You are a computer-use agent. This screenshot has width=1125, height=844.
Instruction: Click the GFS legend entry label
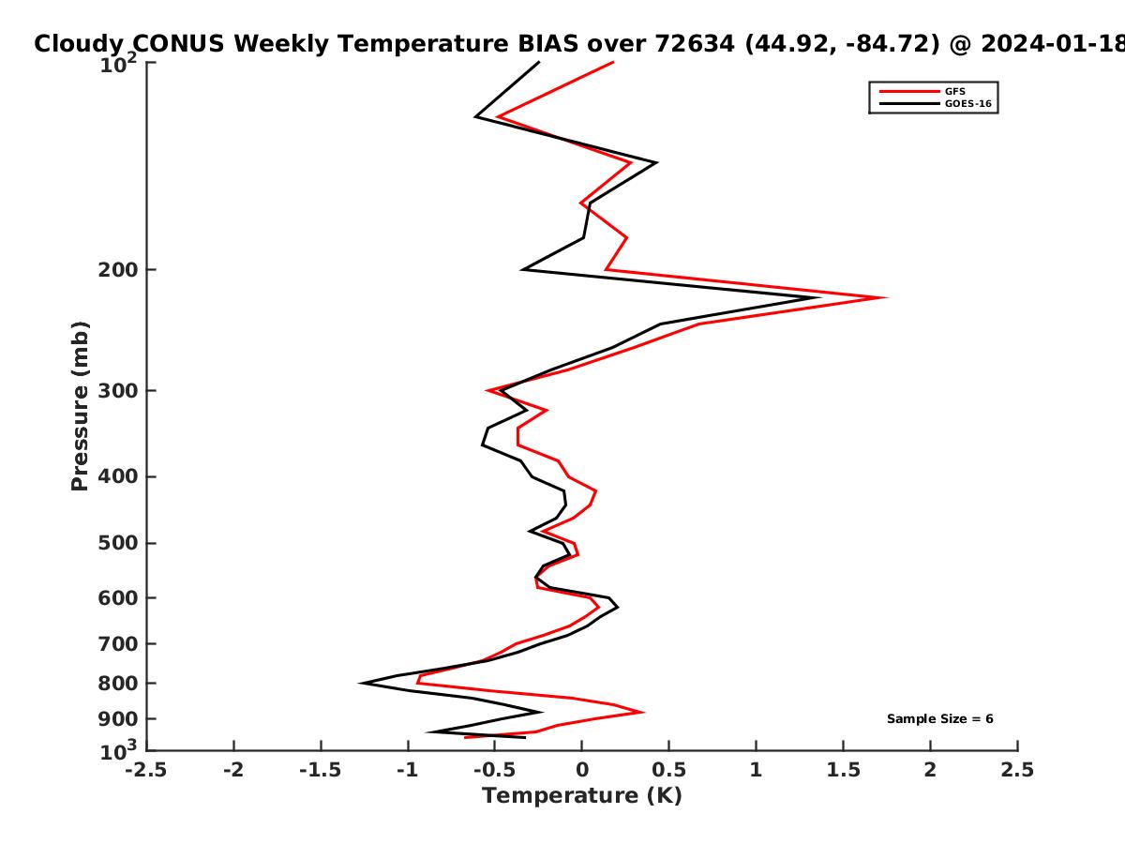click(x=954, y=92)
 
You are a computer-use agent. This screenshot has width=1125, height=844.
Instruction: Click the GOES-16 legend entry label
click(x=968, y=104)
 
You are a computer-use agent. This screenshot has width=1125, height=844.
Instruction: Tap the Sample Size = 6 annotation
click(x=940, y=719)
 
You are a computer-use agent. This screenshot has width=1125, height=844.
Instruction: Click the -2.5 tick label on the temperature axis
click(x=146, y=770)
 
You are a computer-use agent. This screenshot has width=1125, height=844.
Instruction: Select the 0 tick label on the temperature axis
click(x=582, y=770)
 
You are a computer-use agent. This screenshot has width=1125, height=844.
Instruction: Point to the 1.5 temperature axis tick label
click(x=844, y=770)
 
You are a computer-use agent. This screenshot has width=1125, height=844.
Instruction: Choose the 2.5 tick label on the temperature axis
click(x=1017, y=770)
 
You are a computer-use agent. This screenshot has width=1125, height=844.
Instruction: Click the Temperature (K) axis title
click(x=582, y=796)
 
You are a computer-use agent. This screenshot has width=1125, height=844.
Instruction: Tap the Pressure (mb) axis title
click(x=80, y=406)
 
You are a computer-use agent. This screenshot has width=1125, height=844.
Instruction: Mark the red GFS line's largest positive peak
click(x=886, y=297)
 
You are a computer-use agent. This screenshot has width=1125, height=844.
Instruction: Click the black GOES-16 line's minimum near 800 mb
click(x=361, y=683)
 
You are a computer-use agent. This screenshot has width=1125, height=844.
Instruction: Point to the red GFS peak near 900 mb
click(x=643, y=713)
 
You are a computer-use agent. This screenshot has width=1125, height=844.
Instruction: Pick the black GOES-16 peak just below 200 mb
click(x=818, y=297)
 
